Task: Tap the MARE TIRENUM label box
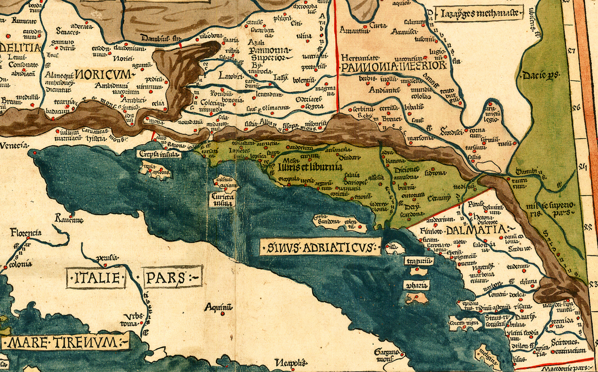click(65, 343)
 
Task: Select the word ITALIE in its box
click(96, 278)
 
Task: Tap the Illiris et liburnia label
click(310, 167)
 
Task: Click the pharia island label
click(416, 285)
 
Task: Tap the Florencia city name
click(26, 232)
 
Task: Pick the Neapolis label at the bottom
click(289, 363)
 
